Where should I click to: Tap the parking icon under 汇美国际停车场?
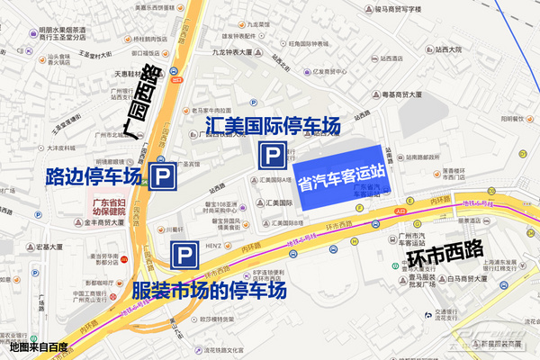point(270,157)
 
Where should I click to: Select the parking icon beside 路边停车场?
point(163,175)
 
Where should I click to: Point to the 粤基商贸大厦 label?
point(403,92)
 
